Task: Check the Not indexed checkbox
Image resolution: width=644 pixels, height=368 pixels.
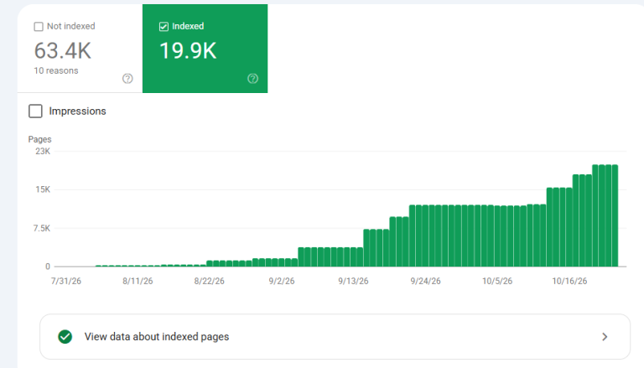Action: click(x=39, y=27)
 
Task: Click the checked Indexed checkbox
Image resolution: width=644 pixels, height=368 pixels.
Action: click(x=164, y=27)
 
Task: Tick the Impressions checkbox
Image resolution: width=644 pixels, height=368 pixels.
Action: click(x=35, y=111)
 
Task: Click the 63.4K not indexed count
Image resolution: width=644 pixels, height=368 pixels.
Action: click(x=62, y=51)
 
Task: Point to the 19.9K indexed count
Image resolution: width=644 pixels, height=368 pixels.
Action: click(x=188, y=51)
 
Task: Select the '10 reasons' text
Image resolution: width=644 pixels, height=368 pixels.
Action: click(x=56, y=70)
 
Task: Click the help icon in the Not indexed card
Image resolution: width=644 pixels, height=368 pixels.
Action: click(x=127, y=79)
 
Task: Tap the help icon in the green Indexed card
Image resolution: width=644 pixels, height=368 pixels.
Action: click(x=253, y=79)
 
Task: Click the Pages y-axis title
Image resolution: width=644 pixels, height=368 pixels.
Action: click(x=40, y=139)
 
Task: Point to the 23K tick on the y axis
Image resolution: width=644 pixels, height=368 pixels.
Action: click(x=43, y=151)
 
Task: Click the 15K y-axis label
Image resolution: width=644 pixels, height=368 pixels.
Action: click(x=43, y=189)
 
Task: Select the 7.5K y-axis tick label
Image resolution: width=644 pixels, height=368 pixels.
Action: click(x=42, y=228)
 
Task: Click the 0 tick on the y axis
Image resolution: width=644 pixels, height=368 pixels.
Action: click(x=48, y=267)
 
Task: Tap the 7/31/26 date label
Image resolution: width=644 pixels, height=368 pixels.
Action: click(x=66, y=281)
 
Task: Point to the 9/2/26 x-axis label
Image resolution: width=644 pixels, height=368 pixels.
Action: click(x=282, y=281)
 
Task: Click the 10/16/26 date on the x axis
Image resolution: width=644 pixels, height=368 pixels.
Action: click(x=569, y=281)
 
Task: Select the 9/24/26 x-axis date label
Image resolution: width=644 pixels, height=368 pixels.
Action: click(x=425, y=281)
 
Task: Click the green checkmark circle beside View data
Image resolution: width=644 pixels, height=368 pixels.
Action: click(x=65, y=337)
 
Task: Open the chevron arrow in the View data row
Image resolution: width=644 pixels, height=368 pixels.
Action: click(x=605, y=337)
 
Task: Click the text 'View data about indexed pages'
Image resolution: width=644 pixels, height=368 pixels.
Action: click(x=157, y=337)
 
